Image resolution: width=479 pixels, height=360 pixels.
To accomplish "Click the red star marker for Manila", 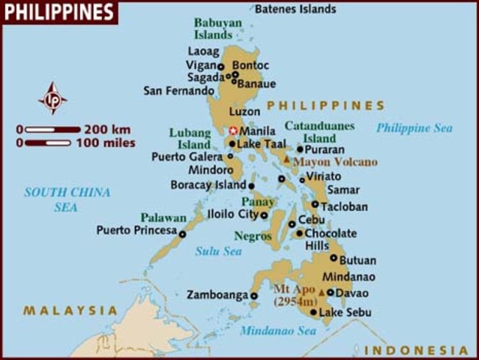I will [x=233, y=130].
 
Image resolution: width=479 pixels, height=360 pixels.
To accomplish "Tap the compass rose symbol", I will [x=52, y=98].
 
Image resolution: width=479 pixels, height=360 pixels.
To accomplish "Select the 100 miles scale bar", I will [x=48, y=142].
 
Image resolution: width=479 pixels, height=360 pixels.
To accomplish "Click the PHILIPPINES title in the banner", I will [x=58, y=12].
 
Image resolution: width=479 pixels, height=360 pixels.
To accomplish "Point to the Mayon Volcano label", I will [x=335, y=161].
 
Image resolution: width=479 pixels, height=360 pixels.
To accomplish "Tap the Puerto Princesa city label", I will [x=136, y=230].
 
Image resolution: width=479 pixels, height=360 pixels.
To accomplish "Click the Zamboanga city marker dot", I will [x=254, y=295].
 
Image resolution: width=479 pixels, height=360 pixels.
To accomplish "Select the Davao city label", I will [x=352, y=292].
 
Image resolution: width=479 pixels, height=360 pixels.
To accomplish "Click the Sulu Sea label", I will [x=218, y=251].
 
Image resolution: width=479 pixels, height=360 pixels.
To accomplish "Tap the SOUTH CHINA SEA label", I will [x=67, y=199].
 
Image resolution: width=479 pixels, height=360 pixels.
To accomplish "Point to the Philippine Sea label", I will [x=414, y=128].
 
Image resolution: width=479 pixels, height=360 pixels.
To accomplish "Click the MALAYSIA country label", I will [x=70, y=310].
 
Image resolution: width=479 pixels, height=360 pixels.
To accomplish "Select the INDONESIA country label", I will [x=416, y=350].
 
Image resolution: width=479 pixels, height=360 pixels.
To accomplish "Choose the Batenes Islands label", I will [x=295, y=10].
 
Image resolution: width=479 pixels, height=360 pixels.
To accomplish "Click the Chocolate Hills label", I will [x=330, y=239].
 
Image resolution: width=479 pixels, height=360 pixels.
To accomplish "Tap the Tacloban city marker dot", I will [x=316, y=204].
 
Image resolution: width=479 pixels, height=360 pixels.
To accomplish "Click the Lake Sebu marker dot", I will [x=313, y=312].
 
